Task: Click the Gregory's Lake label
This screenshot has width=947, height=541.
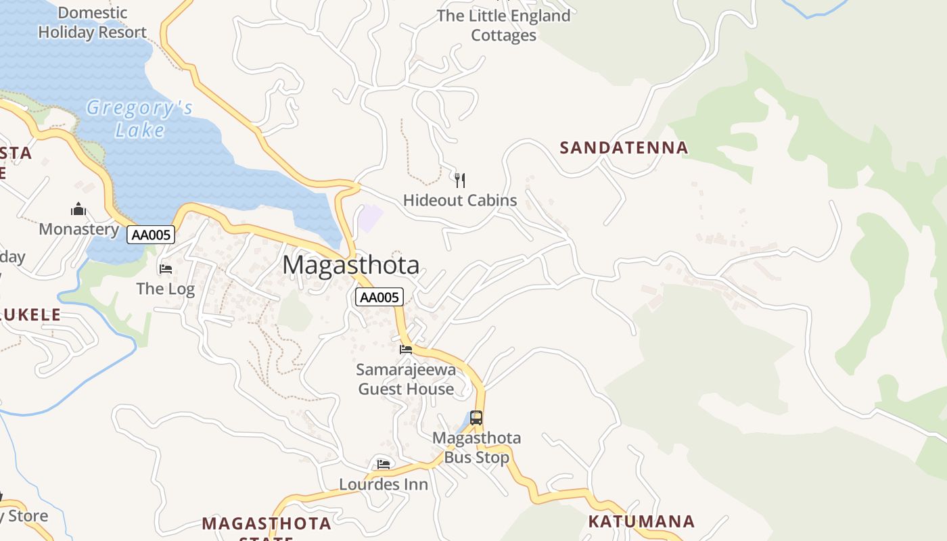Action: coord(140,118)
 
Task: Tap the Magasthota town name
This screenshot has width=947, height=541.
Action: coord(351,264)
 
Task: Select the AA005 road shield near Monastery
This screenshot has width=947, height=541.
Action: coord(151,235)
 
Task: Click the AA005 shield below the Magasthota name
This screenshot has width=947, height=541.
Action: coord(379,297)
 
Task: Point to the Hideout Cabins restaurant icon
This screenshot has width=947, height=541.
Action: coord(460,180)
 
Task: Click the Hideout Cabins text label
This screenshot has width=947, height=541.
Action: coord(460,200)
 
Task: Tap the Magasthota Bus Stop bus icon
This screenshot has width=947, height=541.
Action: coord(476,418)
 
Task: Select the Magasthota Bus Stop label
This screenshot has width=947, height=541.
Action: coord(477,447)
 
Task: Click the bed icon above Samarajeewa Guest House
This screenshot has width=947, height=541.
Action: coord(406,350)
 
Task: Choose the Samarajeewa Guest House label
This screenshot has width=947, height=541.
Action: coord(406,379)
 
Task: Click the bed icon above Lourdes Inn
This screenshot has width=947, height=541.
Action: coord(384,464)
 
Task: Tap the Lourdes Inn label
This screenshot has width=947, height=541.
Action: coord(384,484)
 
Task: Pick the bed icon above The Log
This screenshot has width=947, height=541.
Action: coord(166,269)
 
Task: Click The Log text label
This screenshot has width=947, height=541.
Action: coord(166,289)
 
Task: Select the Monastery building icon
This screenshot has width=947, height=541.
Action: coord(79,209)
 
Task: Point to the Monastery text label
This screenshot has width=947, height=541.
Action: coord(79,229)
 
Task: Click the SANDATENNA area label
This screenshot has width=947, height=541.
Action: coord(624,147)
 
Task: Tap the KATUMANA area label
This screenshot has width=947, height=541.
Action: coord(641,521)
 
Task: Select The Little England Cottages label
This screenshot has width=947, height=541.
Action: coord(504,25)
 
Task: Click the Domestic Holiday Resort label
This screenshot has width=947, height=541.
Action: coord(93,22)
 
